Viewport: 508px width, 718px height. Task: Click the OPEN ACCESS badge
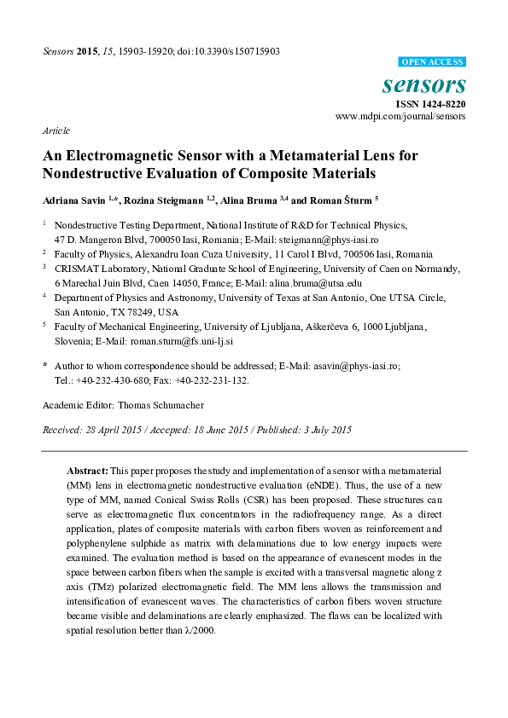click(x=433, y=62)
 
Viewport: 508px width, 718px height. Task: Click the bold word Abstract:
click(x=87, y=471)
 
